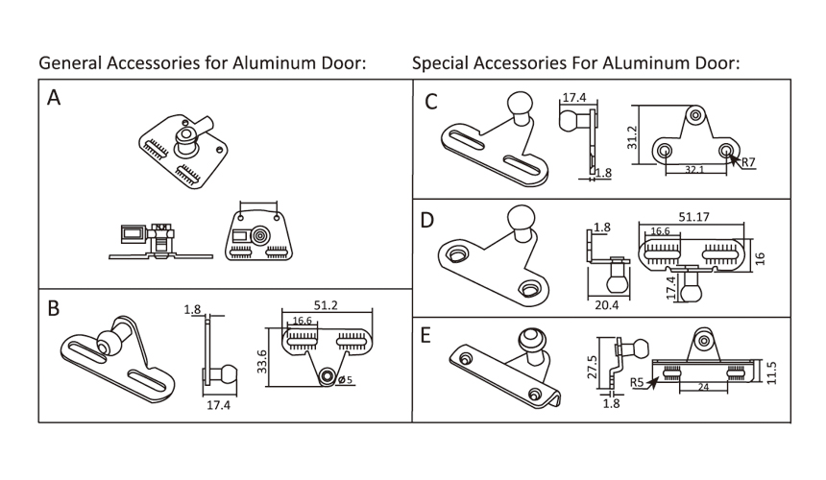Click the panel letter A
coord(55,99)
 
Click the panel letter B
coord(55,308)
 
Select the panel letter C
coord(431,101)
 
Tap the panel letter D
coord(428,220)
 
